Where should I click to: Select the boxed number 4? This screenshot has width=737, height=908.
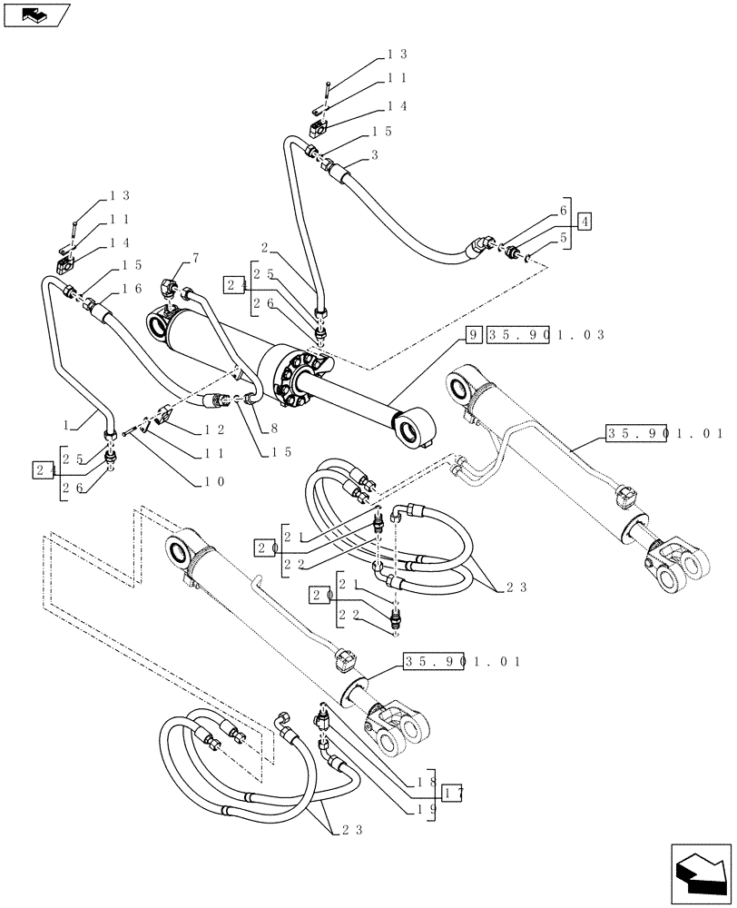coord(585,221)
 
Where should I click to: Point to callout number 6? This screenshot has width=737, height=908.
coord(564,209)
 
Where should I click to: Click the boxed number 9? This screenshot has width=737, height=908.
coord(473,335)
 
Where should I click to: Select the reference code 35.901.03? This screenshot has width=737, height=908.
coord(545,335)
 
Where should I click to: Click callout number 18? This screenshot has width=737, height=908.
coord(427,782)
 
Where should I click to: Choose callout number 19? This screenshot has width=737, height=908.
coord(427,806)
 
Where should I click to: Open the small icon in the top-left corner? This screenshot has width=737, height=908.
coord(37,15)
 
